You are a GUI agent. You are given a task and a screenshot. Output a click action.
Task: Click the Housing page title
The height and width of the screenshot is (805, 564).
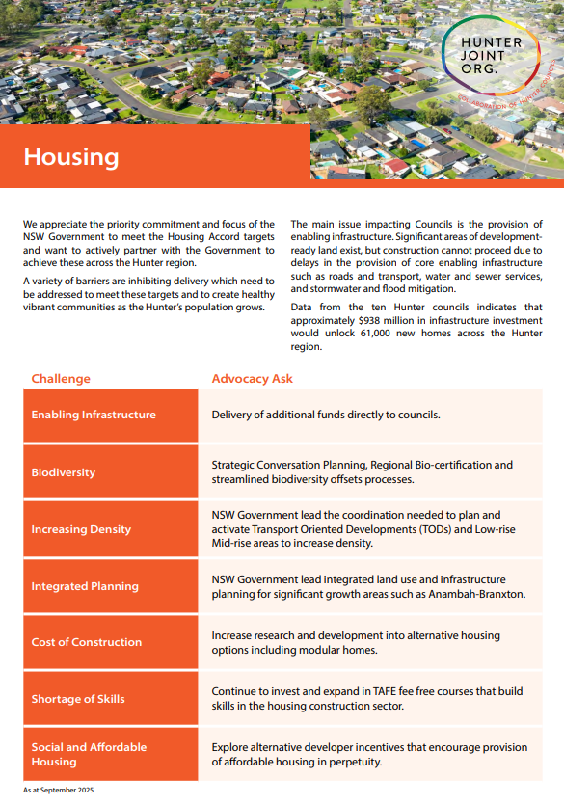71,157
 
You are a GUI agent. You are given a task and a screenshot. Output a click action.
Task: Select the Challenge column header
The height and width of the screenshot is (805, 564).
61,379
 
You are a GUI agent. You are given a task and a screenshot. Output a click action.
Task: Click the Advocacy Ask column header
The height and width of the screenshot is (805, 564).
253,379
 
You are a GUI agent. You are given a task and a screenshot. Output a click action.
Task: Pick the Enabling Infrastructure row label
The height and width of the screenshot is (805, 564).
94,415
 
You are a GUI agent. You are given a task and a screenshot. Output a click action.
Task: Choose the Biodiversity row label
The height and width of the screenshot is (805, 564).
64,472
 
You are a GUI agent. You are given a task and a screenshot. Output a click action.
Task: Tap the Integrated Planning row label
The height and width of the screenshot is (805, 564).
85,586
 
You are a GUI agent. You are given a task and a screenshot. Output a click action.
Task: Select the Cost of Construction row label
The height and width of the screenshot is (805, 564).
87,642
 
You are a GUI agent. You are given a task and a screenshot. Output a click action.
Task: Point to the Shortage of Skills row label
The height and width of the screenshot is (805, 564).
78,699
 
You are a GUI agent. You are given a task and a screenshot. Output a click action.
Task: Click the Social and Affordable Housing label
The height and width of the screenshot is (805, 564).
89,754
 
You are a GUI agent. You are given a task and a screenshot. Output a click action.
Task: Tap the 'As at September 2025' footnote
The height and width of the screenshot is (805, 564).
59,790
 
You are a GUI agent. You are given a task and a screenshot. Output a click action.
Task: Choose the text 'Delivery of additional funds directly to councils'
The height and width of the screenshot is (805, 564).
326,415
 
